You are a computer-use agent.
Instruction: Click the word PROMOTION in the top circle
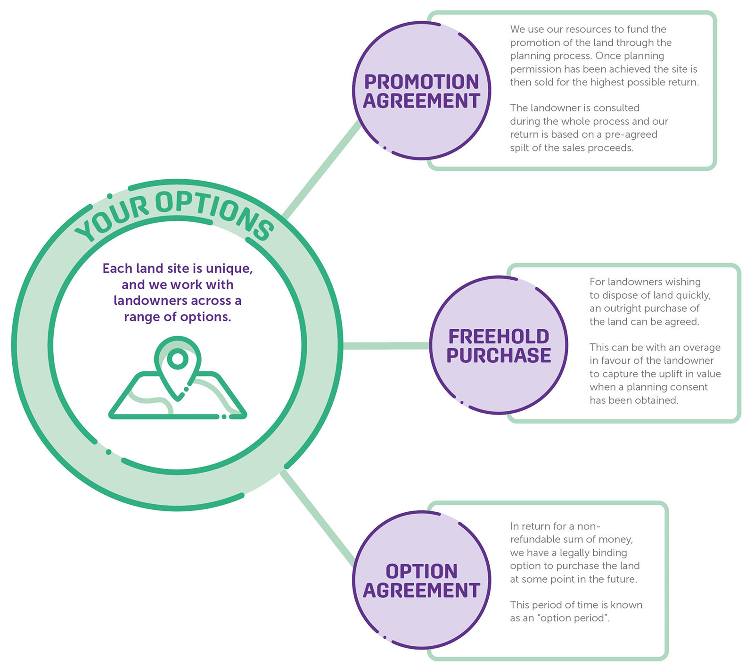point(421,82)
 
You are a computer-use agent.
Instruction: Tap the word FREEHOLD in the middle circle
point(499,337)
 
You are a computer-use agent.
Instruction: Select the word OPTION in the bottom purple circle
point(421,572)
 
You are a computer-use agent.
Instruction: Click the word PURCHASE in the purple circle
point(499,356)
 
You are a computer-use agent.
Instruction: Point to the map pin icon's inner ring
point(178,359)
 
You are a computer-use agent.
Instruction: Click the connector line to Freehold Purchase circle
point(386,346)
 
